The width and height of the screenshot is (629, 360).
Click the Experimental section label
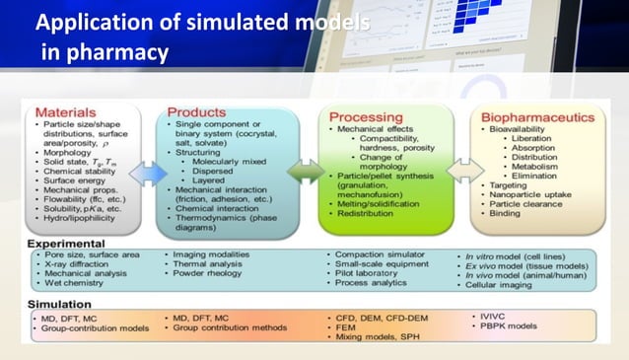(x=67, y=242)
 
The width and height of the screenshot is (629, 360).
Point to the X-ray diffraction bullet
(x=83, y=265)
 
